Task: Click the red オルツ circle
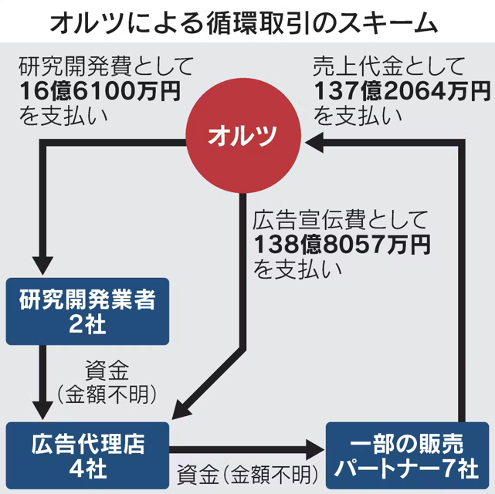point(243,136)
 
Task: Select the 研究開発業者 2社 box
point(87,311)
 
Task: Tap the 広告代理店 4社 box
point(87,455)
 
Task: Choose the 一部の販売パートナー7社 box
point(407,455)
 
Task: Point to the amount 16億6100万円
point(100,91)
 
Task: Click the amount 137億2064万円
point(402,91)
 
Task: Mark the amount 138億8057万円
point(342,245)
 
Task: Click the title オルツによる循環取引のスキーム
point(244,23)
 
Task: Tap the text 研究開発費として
point(106,66)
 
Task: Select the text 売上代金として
point(389,66)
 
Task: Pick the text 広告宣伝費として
point(341,220)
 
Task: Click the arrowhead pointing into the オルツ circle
point(314,143)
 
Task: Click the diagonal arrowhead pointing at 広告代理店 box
point(181,409)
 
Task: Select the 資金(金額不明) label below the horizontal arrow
point(247,475)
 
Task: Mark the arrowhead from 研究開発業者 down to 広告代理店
point(42,411)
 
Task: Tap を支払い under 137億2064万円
point(358,116)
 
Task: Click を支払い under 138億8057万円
point(297,269)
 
